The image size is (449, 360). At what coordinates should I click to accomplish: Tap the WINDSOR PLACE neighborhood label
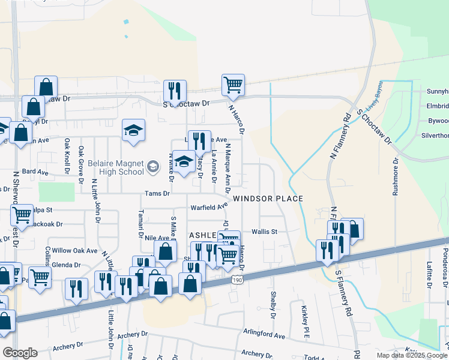[268, 199]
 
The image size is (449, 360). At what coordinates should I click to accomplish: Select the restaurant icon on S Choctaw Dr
[175, 91]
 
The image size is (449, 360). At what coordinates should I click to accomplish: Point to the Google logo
[20, 353]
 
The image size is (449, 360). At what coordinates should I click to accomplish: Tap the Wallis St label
[264, 231]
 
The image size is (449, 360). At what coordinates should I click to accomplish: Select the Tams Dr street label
[157, 194]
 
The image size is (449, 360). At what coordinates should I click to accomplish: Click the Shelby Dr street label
[273, 305]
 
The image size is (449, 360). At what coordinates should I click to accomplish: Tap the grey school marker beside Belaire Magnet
[152, 166]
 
